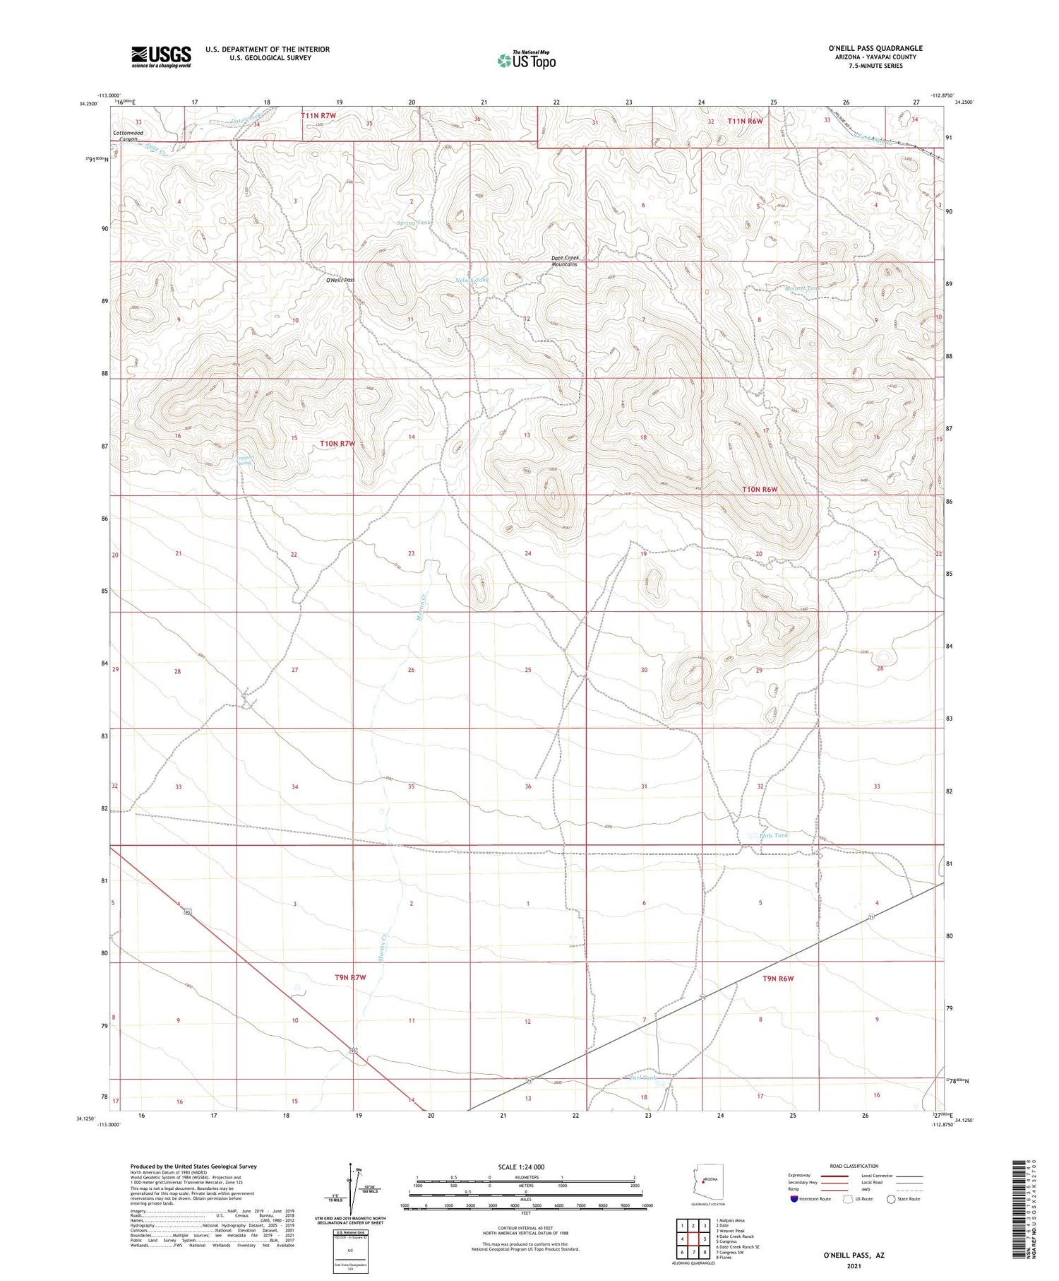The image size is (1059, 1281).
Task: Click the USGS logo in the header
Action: tap(161, 57)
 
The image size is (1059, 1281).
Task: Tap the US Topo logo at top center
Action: tap(527, 60)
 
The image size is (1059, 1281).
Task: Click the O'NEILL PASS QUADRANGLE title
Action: tap(875, 48)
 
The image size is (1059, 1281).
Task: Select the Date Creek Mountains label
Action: tap(565, 261)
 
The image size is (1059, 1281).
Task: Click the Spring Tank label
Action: tap(415, 223)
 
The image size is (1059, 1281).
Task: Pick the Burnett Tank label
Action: tap(803, 288)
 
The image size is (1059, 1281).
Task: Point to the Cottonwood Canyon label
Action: tap(128, 136)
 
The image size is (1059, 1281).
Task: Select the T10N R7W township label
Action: tap(337, 444)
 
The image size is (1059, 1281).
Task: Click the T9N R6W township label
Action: tap(779, 979)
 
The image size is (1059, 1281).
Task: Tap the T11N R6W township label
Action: tap(745, 121)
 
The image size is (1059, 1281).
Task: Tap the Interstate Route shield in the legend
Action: tap(794, 1199)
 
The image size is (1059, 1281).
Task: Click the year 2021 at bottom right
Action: tap(854, 1266)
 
